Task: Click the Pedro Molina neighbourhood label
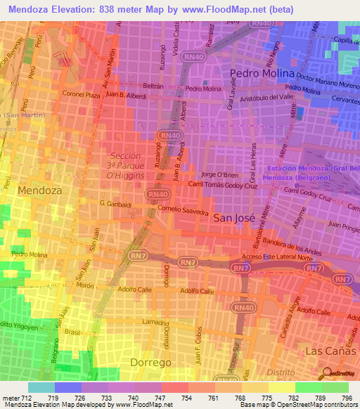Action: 260,74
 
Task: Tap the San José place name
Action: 232,218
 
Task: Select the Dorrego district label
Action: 150,362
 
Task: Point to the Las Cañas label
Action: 326,349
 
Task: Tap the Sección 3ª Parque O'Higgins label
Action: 127,165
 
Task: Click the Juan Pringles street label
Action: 343,227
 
